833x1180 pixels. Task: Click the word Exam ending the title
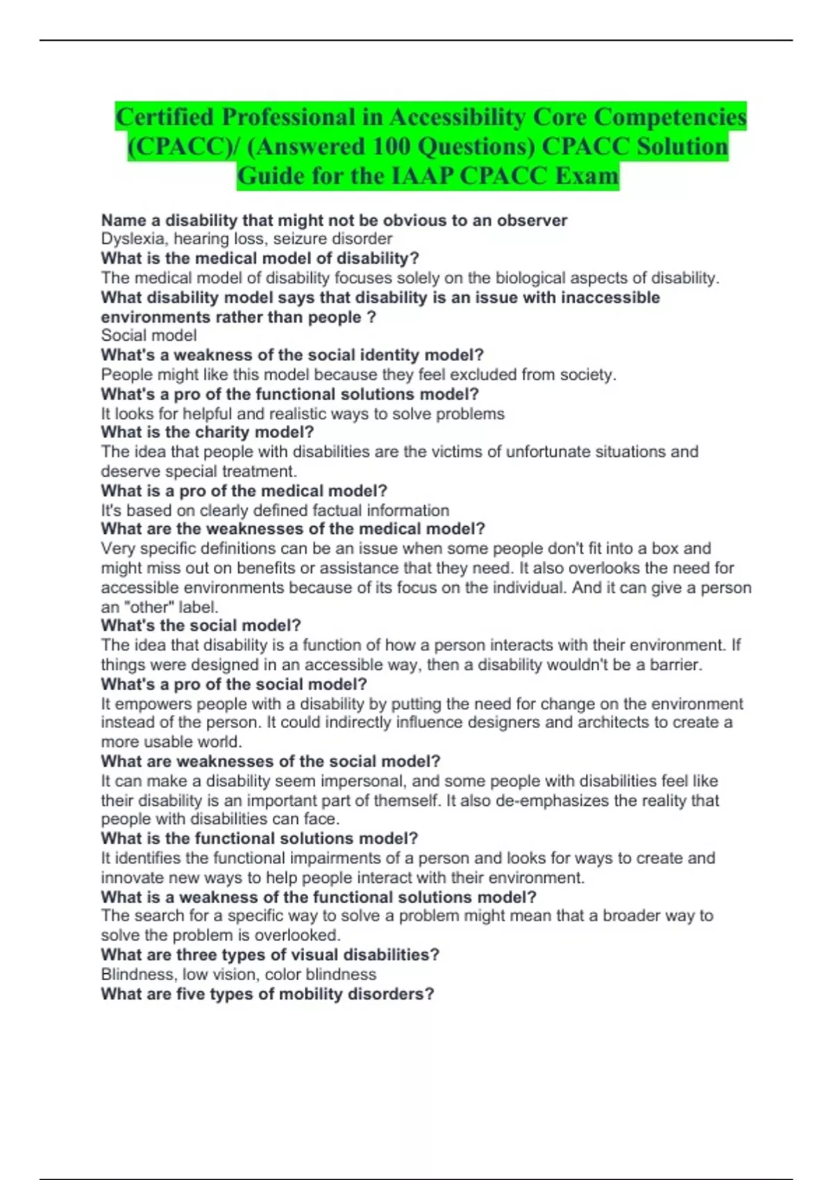(x=587, y=176)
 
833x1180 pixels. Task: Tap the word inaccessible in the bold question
(x=610, y=298)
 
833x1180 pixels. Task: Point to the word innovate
(x=133, y=877)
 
